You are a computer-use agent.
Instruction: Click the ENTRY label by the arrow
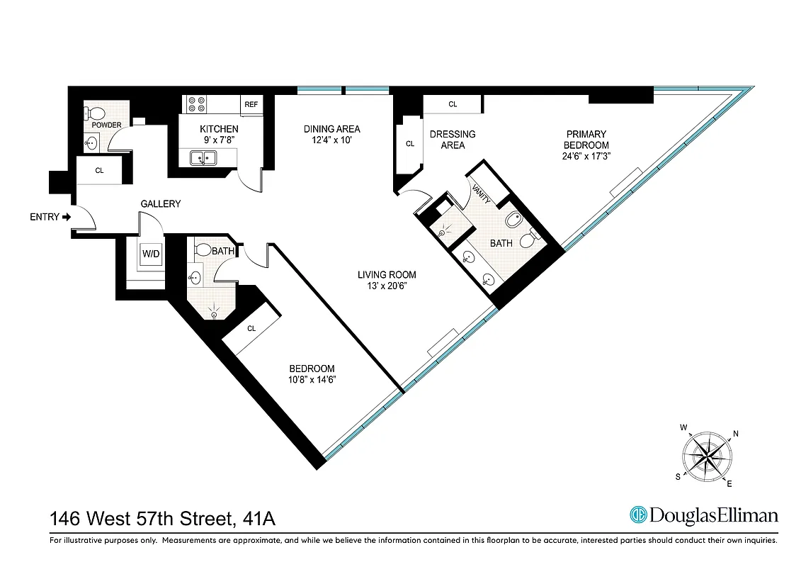(x=45, y=217)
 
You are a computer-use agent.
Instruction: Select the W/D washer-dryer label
(x=151, y=253)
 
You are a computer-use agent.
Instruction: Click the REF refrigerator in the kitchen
(x=251, y=105)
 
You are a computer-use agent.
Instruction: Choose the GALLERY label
(x=160, y=204)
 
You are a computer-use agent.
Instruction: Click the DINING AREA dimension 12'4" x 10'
(x=331, y=140)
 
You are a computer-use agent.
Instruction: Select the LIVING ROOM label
(x=386, y=275)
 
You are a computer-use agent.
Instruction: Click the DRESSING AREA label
(x=453, y=140)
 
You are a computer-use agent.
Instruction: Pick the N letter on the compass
(x=736, y=434)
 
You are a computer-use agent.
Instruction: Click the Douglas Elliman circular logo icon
(x=638, y=515)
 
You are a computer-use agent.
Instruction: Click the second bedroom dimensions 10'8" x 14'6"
(x=312, y=380)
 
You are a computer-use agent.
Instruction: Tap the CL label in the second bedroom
(x=251, y=328)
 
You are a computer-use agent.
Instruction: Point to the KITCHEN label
(x=219, y=129)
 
